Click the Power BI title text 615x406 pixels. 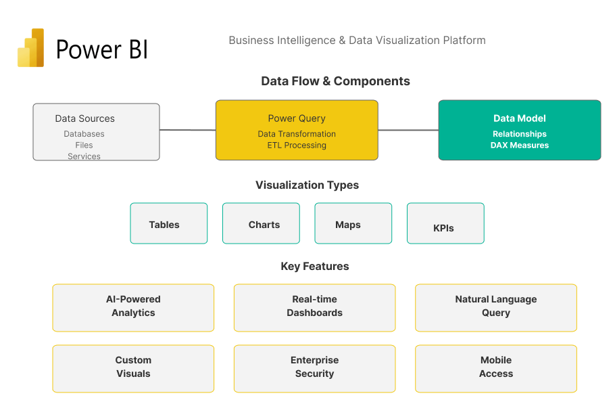pos(101,49)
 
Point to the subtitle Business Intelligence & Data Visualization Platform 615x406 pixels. pos(357,40)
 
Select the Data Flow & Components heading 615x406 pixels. pos(335,81)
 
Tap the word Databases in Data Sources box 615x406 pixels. pos(84,134)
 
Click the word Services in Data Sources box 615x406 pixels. pos(84,156)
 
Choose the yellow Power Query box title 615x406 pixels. pos(297,118)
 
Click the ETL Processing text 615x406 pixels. pos(297,145)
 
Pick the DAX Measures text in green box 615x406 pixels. pos(519,145)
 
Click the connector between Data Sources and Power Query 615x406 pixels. pos(187,130)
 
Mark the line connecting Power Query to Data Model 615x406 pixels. pos(408,130)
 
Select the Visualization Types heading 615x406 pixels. pos(307,185)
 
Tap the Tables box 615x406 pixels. pos(168,224)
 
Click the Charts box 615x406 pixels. pos(261,224)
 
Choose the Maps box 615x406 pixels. pos(353,224)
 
